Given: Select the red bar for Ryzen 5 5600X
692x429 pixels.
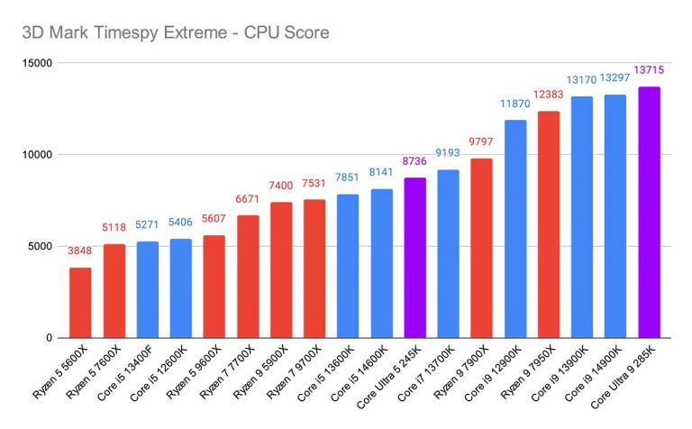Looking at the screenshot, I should click(80, 302).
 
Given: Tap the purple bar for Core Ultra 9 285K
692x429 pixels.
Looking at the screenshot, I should click(649, 212).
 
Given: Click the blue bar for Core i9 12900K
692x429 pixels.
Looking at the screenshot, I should click(515, 229).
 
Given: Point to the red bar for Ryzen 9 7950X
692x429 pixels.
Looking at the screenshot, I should click(549, 224).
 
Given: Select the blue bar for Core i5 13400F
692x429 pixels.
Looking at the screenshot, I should click(147, 289).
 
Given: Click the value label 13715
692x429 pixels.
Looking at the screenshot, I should click(649, 70).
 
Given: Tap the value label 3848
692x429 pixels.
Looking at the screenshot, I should click(80, 251).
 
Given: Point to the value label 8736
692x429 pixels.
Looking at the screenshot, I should click(414, 161).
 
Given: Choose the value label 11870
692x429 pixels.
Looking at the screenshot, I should click(515, 104).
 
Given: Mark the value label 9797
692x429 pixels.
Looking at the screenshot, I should click(482, 141).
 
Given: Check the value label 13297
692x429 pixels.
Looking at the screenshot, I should click(615, 78).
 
